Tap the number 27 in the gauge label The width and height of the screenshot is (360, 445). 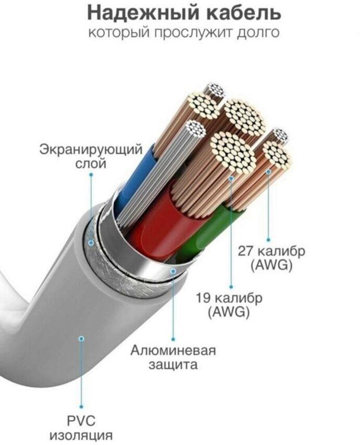click(x=246, y=251)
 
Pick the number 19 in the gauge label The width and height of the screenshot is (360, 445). click(x=204, y=299)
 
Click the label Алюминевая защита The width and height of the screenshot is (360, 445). click(x=173, y=356)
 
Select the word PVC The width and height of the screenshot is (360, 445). click(x=81, y=420)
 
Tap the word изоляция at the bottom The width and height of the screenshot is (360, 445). click(x=81, y=435)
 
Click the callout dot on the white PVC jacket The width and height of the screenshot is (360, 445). click(x=81, y=338)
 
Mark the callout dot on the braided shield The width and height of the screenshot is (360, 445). click(x=91, y=242)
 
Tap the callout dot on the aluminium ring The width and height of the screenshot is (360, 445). click(x=173, y=271)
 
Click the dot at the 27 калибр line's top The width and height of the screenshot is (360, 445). click(x=269, y=171)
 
